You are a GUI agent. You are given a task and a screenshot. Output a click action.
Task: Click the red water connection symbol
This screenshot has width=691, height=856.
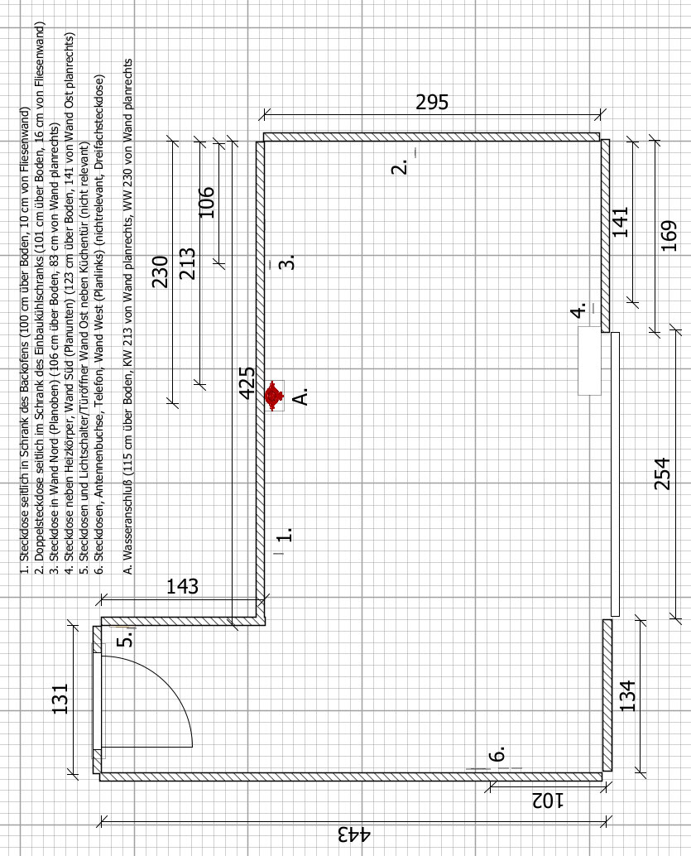tap(274, 396)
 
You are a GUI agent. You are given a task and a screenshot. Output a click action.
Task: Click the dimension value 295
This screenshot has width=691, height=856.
tap(432, 102)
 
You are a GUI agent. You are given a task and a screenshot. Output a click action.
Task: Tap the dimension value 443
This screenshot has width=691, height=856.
tap(353, 834)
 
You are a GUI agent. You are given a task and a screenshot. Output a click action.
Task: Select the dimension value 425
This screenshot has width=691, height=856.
tap(247, 382)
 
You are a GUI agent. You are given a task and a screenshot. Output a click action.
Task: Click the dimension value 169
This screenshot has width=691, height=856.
tap(669, 236)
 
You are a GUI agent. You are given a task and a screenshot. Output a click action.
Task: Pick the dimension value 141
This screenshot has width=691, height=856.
tap(621, 222)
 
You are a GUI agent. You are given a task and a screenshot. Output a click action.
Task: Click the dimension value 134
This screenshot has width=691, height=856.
tap(627, 695)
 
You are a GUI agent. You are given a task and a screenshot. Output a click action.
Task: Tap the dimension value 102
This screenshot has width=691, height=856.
tap(548, 801)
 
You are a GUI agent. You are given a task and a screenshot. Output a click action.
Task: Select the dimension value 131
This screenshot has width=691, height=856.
tap(60, 699)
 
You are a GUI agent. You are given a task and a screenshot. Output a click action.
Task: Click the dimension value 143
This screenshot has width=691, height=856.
tap(182, 586)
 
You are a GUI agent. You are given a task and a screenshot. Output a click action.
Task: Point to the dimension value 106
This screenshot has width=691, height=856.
tap(206, 202)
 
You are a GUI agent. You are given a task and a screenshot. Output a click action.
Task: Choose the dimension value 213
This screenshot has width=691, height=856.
tap(187, 264)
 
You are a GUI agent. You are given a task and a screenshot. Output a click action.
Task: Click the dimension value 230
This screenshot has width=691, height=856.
tap(160, 272)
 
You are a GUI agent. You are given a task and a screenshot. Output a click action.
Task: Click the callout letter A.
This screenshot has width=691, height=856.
tap(300, 397)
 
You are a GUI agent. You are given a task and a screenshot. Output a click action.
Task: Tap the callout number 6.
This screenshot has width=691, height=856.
tap(497, 754)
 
